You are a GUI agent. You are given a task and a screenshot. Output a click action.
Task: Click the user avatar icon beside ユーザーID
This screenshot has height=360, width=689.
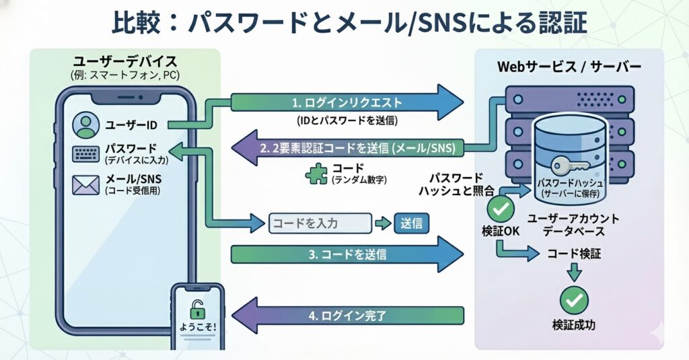(85, 124)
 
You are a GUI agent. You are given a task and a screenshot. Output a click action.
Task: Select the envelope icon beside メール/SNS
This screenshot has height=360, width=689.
(85, 184)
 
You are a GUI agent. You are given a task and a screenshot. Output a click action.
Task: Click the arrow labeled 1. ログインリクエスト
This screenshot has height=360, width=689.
(347, 103)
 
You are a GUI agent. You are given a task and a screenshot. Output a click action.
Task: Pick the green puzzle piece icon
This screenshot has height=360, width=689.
(316, 174)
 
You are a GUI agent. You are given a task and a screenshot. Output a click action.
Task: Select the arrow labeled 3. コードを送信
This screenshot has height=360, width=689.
(347, 255)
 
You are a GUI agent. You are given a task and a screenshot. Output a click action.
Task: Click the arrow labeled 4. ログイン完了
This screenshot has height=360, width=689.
(347, 315)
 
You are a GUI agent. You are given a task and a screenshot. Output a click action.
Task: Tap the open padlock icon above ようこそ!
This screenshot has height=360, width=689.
(196, 309)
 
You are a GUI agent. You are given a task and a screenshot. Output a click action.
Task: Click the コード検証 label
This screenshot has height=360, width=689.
(573, 255)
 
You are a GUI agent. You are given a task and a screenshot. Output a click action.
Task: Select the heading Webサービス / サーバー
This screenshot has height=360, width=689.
(569, 67)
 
